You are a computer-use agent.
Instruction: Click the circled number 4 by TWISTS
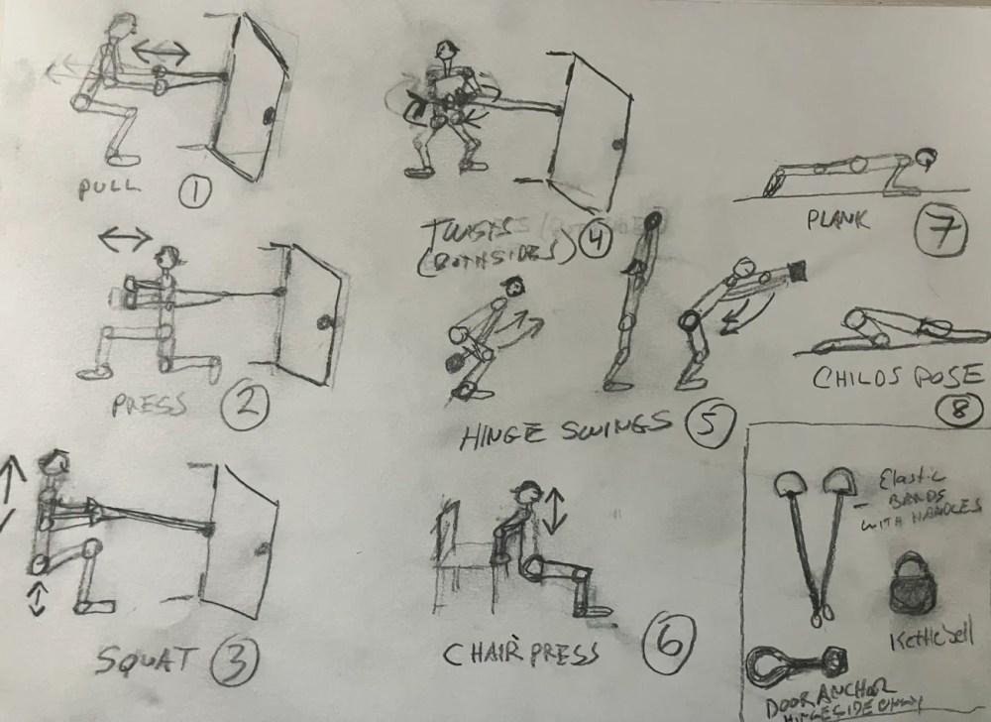click(597, 241)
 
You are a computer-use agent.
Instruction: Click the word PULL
click(112, 187)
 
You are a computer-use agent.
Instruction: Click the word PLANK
click(837, 220)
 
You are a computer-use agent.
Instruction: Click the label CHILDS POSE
click(897, 376)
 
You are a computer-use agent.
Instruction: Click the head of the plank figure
click(927, 156)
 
